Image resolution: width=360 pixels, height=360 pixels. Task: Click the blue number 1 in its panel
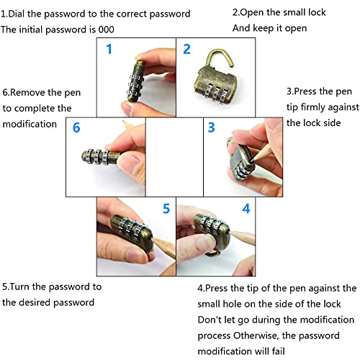click(109, 49)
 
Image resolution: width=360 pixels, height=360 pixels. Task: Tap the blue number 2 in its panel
click(186, 49)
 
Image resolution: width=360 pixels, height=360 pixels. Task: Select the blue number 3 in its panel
click(211, 127)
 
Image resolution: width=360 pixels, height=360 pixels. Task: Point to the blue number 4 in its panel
click(246, 208)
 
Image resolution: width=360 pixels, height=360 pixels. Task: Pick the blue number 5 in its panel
click(166, 208)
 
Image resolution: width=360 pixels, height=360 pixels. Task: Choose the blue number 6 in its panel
click(76, 127)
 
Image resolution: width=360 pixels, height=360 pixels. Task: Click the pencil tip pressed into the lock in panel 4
click(228, 232)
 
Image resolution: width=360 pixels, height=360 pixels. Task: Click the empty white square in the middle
click(174, 157)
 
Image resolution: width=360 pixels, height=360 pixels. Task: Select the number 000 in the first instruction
click(106, 30)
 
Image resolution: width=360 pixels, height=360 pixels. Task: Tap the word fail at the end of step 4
click(279, 351)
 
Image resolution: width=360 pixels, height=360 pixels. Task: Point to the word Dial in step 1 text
click(17, 14)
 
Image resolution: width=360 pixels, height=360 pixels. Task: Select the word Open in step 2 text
click(252, 13)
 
